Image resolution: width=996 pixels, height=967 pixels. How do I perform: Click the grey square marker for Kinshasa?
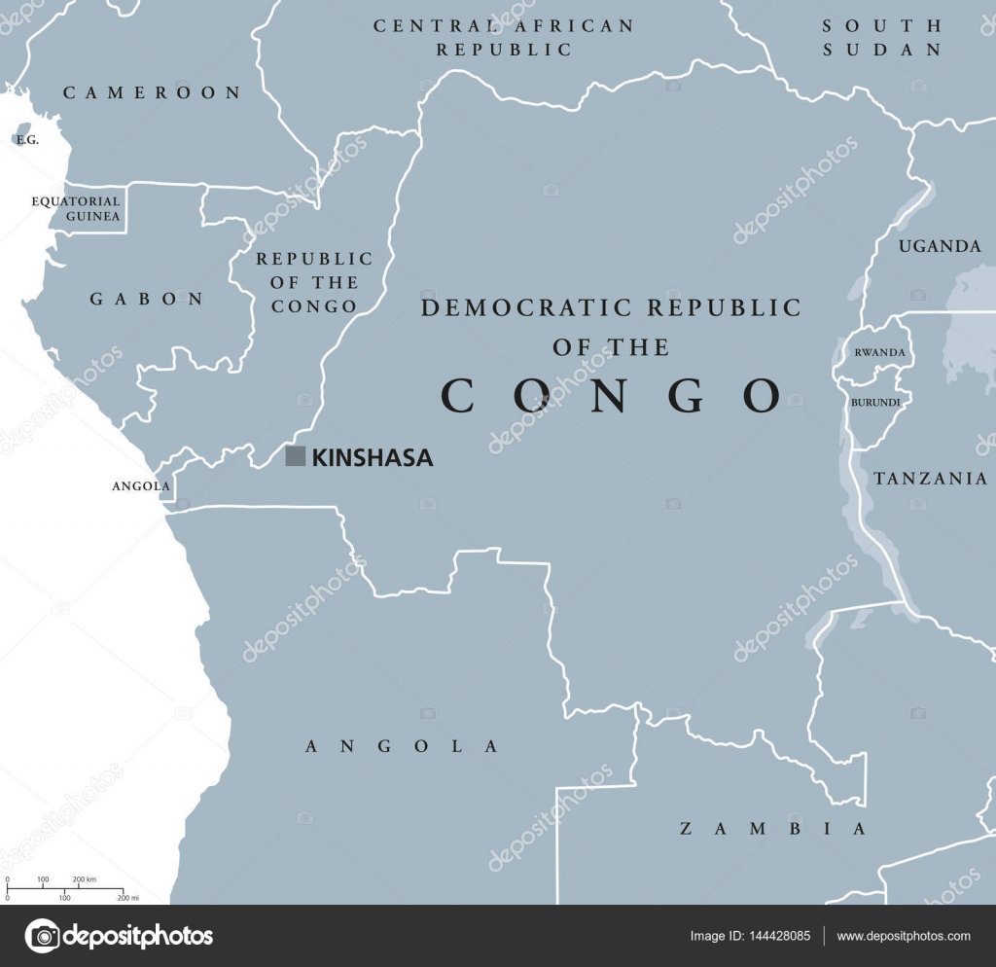click(x=295, y=456)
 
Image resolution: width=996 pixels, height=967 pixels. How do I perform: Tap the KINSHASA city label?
click(x=373, y=457)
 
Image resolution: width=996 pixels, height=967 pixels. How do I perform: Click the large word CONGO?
click(x=612, y=395)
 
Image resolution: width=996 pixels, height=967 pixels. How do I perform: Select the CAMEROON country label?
click(x=152, y=92)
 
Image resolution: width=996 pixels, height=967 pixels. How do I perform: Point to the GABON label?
click(x=148, y=299)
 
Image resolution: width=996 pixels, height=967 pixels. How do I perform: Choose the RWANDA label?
click(x=879, y=352)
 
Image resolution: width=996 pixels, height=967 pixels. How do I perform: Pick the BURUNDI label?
click(x=875, y=401)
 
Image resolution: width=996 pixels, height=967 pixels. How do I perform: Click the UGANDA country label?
click(x=940, y=246)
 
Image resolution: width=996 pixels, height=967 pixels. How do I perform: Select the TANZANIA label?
click(x=930, y=478)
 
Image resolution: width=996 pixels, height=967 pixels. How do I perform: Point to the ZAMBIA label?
click(x=772, y=829)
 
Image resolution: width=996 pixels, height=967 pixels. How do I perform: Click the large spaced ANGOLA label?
click(x=402, y=746)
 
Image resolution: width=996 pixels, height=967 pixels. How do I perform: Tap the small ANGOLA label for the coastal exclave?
click(x=141, y=485)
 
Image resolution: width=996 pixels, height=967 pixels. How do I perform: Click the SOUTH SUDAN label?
click(x=881, y=37)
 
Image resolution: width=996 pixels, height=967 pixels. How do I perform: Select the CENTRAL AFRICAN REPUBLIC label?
click(x=503, y=37)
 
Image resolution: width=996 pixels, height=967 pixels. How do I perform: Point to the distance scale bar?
click(x=64, y=889)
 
